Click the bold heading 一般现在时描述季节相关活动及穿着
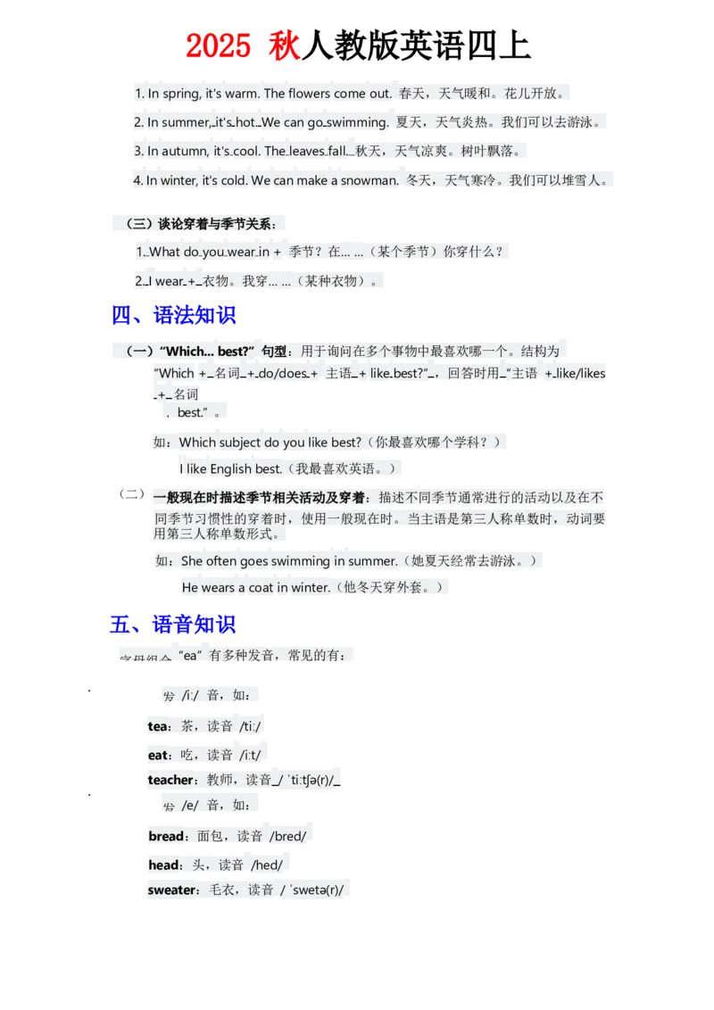point(259,497)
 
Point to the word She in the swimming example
point(192,561)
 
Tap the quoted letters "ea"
point(188,656)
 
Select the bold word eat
point(158,755)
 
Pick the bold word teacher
point(170,780)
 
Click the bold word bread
point(166,837)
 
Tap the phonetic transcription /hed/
point(267,865)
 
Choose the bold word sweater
point(172,890)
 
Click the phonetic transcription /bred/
point(287,837)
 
